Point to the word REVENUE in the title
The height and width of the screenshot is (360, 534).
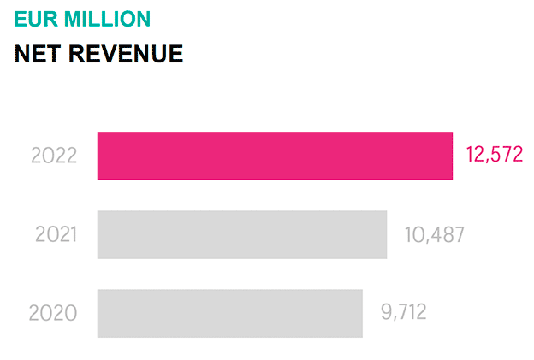(x=127, y=54)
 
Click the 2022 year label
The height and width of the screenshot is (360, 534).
(x=54, y=156)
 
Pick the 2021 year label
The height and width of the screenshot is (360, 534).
(x=56, y=234)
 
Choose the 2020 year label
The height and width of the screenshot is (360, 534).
(x=53, y=313)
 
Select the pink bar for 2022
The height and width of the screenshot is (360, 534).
(x=275, y=156)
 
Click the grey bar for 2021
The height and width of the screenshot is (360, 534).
(x=242, y=234)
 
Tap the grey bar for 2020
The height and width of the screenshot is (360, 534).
(x=229, y=313)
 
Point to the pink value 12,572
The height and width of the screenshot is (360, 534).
(x=494, y=155)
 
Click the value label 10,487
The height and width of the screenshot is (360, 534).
(x=434, y=234)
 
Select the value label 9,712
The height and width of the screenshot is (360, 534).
(x=404, y=312)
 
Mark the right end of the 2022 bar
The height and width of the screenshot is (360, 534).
(x=450, y=156)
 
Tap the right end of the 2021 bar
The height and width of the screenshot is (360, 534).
(x=385, y=234)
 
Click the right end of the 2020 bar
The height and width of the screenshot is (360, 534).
(x=360, y=313)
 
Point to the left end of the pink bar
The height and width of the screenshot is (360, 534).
(x=100, y=156)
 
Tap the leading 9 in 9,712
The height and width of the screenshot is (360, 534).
(x=387, y=312)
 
